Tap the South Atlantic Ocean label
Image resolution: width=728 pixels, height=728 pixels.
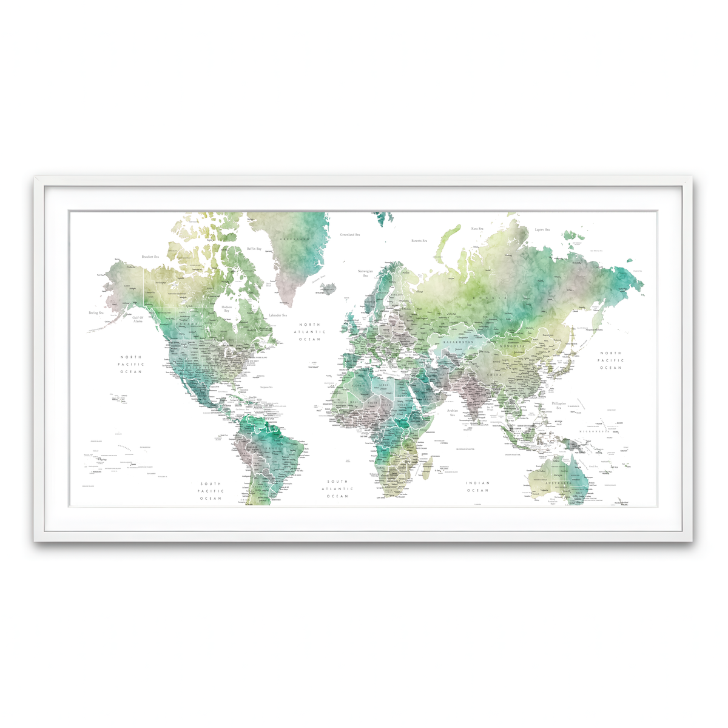point(337,489)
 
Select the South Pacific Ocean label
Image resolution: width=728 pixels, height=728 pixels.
point(211,491)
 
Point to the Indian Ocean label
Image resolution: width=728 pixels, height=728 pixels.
point(477,487)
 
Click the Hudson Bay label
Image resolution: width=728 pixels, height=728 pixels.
point(226,309)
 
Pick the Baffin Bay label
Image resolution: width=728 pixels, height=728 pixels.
point(254,249)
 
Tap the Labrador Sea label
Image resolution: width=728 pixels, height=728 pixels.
point(278,315)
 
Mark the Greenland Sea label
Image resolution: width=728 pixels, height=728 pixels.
point(350,234)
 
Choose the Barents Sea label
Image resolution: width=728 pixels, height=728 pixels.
point(419,241)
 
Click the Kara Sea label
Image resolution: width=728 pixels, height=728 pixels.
point(477,229)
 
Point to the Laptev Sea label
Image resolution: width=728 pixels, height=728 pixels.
point(542,230)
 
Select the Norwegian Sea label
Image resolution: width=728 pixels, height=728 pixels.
point(365,273)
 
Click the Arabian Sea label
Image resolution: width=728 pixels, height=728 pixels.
point(453,413)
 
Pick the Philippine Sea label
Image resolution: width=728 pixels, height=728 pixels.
point(559,405)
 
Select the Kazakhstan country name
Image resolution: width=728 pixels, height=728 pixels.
point(457,342)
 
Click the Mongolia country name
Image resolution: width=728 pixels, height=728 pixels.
point(512,346)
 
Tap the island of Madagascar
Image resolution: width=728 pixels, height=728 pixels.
point(428,465)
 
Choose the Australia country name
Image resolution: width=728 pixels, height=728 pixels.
point(560,483)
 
